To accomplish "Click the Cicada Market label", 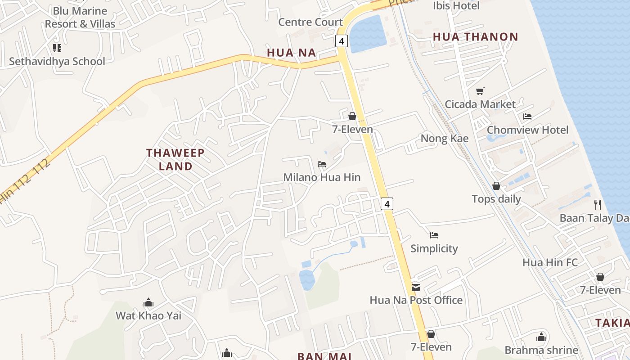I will (480, 104).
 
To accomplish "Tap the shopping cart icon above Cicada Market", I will (480, 91).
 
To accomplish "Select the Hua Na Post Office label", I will (416, 300).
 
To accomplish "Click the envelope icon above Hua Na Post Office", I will (416, 287).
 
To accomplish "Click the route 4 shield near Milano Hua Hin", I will (387, 204).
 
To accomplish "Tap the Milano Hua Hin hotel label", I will (322, 177).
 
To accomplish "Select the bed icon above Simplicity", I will (434, 235).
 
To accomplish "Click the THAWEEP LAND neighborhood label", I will (175, 159).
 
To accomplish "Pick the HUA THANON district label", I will (476, 37).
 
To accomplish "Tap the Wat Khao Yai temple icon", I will (148, 303).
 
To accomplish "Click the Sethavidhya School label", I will (57, 61).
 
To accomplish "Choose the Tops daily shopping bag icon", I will (496, 186).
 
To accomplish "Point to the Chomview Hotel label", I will (527, 130).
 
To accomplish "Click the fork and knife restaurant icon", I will (598, 205).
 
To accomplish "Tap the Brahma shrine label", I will (541, 350).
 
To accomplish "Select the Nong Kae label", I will (444, 139).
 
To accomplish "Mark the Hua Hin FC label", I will (550, 262).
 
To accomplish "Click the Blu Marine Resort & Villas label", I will (80, 17).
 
